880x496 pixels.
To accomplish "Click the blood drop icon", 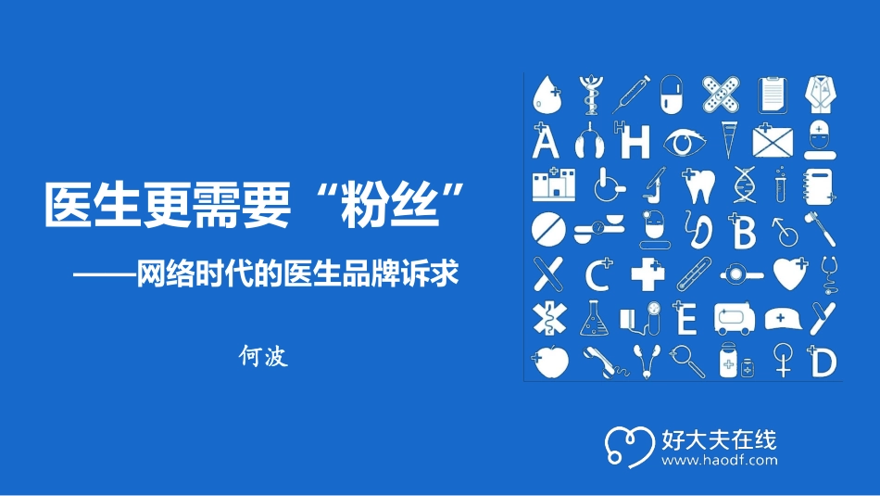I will pyautogui.click(x=546, y=94).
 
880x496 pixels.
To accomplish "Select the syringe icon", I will pyautogui.click(x=633, y=94).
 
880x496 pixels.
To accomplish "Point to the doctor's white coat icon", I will pyautogui.click(x=821, y=94).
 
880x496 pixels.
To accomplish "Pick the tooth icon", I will pyautogui.click(x=698, y=184).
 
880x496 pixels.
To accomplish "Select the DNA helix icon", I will pyautogui.click(x=744, y=184).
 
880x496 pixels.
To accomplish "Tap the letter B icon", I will pyautogui.click(x=743, y=232).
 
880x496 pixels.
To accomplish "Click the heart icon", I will pyautogui.click(x=788, y=274).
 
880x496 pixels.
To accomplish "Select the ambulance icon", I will pyautogui.click(x=735, y=318).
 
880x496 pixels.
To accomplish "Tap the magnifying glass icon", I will pyautogui.click(x=685, y=361).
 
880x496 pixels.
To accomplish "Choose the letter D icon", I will pyautogui.click(x=822, y=362).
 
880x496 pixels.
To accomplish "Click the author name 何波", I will pyautogui.click(x=264, y=355).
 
